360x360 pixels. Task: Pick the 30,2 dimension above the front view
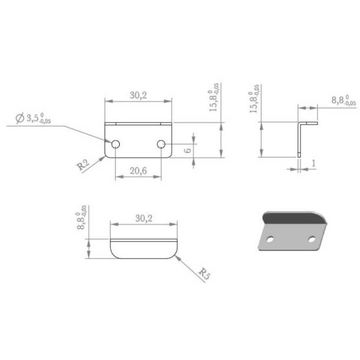(x=140, y=94)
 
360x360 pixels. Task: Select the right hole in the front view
(x=161, y=143)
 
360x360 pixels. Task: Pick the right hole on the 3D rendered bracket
(x=312, y=240)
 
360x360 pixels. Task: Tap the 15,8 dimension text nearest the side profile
(x=254, y=101)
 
